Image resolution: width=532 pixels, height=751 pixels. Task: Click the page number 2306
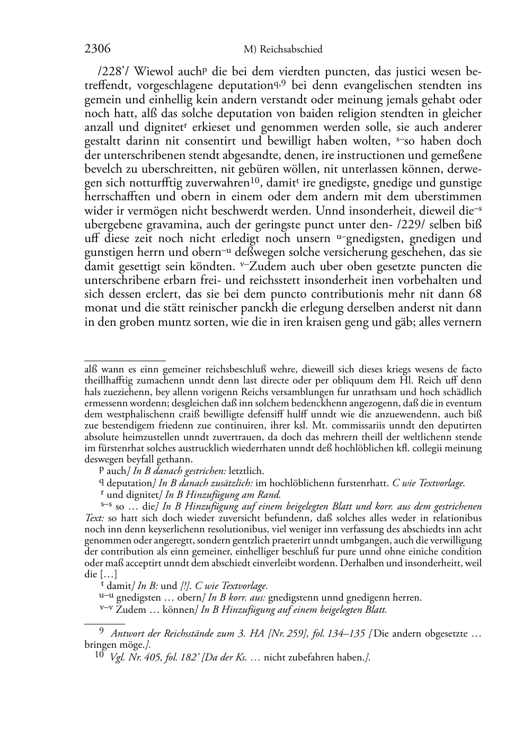tap(97, 49)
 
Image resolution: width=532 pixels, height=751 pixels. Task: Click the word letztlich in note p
tap(246, 471)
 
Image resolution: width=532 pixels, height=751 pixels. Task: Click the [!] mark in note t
tap(187, 586)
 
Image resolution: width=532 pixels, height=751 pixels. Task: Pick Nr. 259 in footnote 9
tap(286, 634)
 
